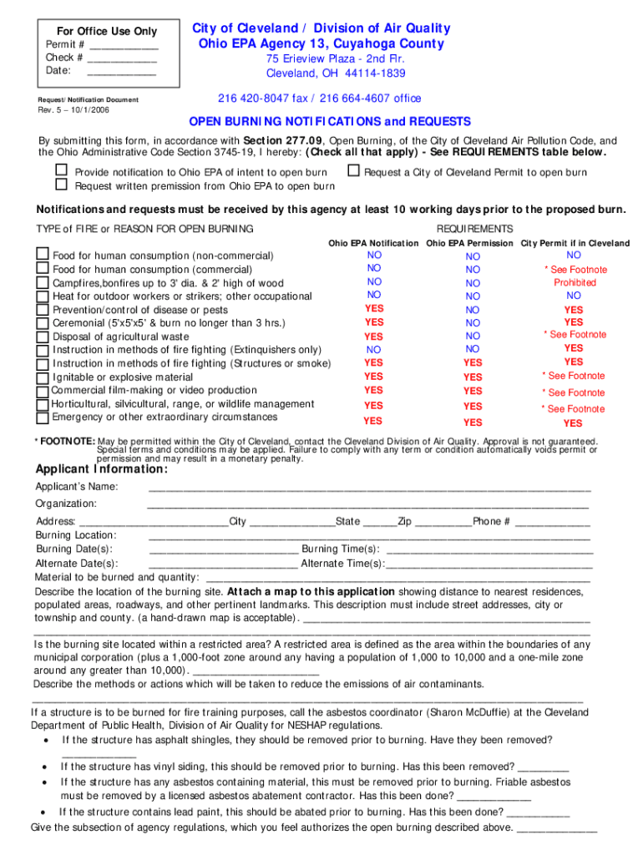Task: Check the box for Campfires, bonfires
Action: pos(42,282)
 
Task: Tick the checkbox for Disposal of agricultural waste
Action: pos(42,336)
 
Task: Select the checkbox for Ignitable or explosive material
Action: pos(42,377)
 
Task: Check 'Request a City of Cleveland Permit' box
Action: pos(353,171)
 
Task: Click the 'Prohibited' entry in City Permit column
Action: pos(575,282)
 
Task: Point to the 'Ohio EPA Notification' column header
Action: pos(373,243)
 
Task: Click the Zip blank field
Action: pos(443,522)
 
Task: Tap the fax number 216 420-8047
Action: pos(247,99)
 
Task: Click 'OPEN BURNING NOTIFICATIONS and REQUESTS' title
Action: pos(330,121)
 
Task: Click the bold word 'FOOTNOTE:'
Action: pos(67,441)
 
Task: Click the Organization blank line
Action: pos(367,504)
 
